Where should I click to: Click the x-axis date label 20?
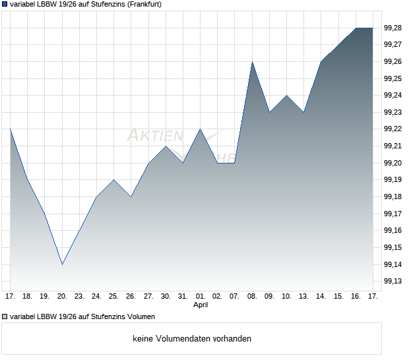pos(62,297)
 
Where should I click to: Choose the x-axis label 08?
pos(252,297)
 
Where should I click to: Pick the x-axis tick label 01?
pos(201,297)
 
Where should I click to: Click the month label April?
pos(201,305)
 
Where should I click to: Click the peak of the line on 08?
pos(252,62)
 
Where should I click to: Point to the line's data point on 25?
pos(114,179)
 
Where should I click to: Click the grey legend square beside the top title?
pos(5,4)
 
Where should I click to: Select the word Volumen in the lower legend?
pos(141,316)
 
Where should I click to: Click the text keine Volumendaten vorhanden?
pos(192,339)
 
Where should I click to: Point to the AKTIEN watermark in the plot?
pos(155,136)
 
